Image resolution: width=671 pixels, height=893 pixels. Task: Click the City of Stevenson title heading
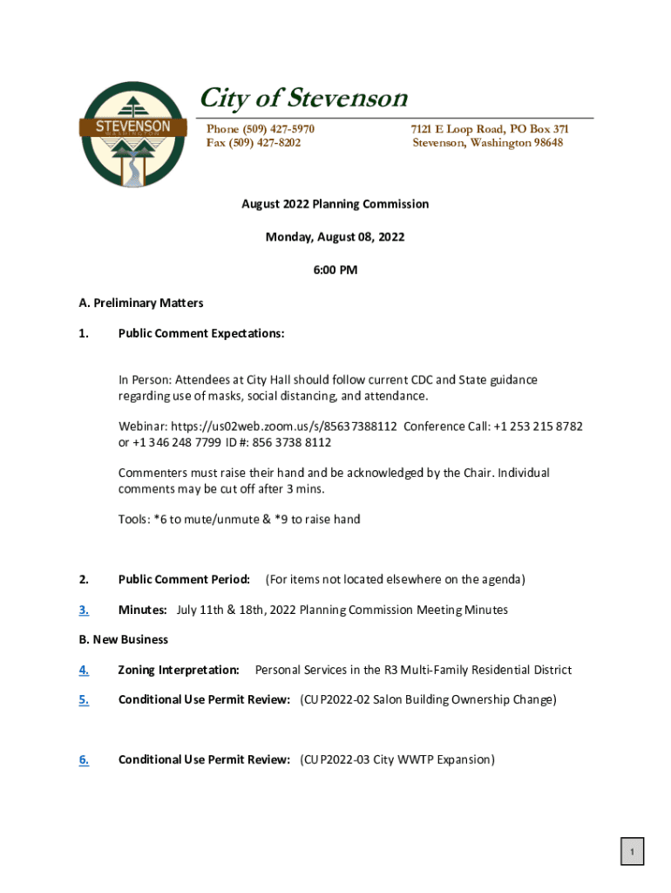tap(303, 99)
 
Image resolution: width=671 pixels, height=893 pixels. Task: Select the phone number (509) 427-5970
tap(260, 129)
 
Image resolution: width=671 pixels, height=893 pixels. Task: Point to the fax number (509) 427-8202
tap(253, 143)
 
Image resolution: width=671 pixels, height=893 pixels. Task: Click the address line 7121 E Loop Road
tap(490, 129)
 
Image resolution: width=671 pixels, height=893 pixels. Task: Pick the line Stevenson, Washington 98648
tap(487, 143)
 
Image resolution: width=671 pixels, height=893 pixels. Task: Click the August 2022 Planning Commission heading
tap(335, 204)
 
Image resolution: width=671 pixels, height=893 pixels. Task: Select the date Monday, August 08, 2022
tap(335, 237)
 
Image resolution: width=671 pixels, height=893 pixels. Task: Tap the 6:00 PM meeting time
tap(335, 270)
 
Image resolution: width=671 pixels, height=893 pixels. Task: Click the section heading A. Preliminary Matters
tap(140, 303)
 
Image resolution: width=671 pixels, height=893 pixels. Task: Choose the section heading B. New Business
tap(123, 640)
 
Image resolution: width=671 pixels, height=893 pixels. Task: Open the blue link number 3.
tap(84, 610)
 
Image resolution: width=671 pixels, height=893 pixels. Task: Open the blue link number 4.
tap(84, 671)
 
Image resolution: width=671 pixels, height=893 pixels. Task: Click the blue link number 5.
tap(84, 699)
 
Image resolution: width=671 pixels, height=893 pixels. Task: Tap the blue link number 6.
tap(84, 760)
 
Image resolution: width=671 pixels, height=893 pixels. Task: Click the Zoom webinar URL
tap(284, 426)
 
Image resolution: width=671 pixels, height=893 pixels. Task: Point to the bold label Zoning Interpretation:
tap(179, 671)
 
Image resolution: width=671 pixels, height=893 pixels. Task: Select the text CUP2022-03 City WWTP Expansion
tap(397, 760)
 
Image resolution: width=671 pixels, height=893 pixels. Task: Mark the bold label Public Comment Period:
tap(184, 580)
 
